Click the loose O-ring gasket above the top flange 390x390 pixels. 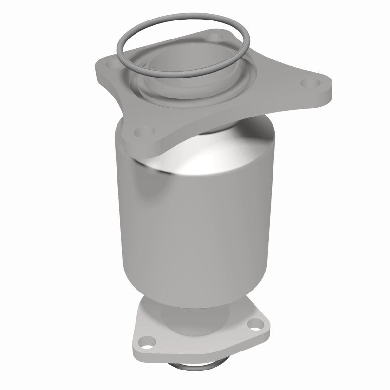[128, 46]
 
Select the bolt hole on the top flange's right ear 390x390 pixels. [307, 84]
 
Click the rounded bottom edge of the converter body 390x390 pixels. [195, 302]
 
